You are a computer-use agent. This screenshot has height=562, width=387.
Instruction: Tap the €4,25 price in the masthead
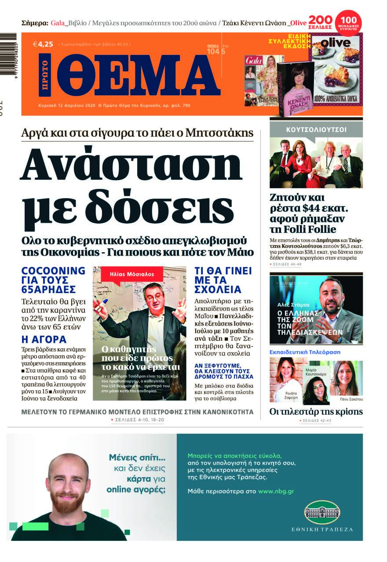pyautogui.click(x=43, y=44)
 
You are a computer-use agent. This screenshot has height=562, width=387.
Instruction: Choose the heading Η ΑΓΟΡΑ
pyautogui.click(x=44, y=339)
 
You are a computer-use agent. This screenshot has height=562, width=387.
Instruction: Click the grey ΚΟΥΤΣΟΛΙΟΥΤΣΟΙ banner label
pyautogui.click(x=316, y=130)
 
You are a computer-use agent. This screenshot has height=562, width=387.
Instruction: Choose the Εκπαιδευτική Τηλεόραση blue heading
pyautogui.click(x=304, y=352)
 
